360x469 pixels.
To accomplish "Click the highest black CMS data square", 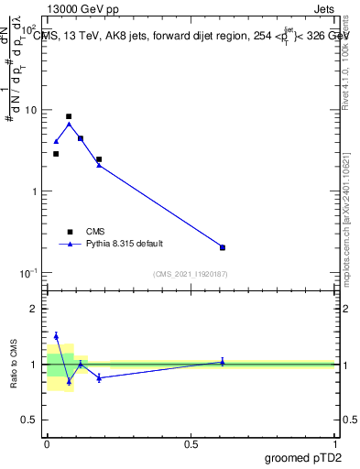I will [69, 116].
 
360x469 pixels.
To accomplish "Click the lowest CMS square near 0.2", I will [223, 247].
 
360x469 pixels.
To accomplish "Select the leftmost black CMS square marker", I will [56, 154].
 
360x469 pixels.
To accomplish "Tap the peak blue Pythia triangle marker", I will [69, 124].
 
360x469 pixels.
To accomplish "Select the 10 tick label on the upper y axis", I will [31, 110].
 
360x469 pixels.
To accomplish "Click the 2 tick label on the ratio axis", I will [34, 309].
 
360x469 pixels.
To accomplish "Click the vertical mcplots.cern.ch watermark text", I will [353, 220].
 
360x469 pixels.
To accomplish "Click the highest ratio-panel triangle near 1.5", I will [56, 335].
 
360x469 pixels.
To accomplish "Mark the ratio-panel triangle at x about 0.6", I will [223, 362].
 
